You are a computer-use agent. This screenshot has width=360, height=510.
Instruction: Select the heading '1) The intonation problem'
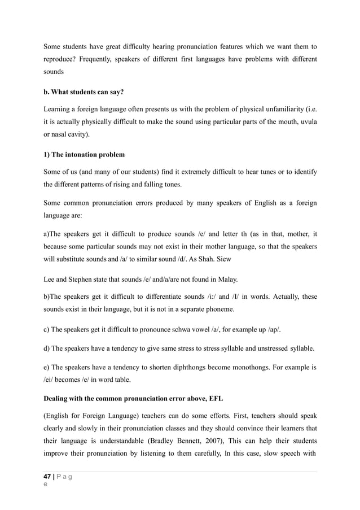click(84, 154)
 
